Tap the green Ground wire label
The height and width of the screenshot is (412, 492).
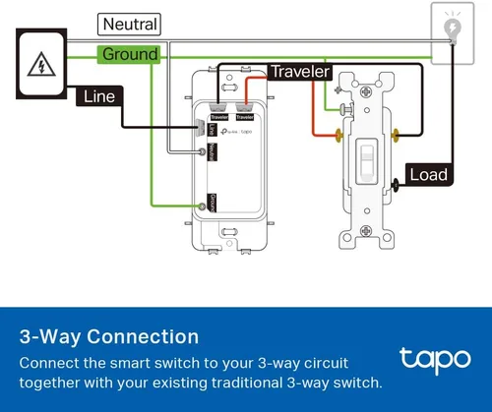click(x=129, y=54)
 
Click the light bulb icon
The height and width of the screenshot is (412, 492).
click(x=452, y=27)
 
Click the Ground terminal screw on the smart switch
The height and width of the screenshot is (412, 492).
click(x=203, y=205)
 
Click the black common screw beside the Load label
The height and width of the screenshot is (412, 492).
click(x=396, y=180)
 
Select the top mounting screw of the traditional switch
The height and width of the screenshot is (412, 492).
click(x=366, y=82)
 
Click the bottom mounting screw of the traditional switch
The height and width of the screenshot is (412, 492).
click(x=366, y=237)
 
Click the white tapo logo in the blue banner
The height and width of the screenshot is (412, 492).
click(x=433, y=359)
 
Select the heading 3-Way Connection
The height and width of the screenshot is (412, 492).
click(x=101, y=337)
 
